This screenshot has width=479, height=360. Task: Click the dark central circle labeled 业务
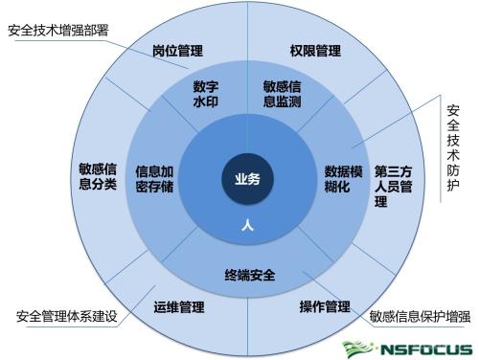[247, 178]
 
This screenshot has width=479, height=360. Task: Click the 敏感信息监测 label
[285, 93]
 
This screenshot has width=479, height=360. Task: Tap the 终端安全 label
[250, 276]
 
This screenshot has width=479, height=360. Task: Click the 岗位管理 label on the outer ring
[178, 50]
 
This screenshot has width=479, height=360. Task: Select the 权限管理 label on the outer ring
[315, 50]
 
